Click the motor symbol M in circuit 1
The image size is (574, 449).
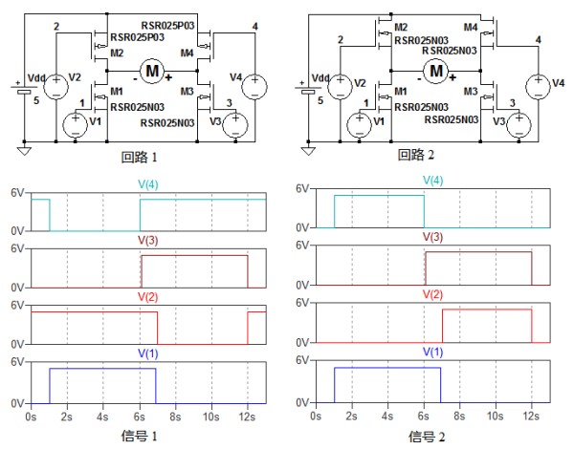(151, 69)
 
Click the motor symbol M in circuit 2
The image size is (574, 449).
(436, 70)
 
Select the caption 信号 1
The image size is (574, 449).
(150, 437)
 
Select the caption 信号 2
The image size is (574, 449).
(428, 437)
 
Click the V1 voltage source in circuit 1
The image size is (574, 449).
(76, 123)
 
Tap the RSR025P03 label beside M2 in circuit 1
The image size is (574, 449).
(138, 39)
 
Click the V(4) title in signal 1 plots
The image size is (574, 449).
(149, 182)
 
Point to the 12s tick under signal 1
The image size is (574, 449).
(248, 417)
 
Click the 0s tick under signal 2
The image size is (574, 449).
(317, 417)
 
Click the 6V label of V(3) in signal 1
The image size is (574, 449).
(16, 249)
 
